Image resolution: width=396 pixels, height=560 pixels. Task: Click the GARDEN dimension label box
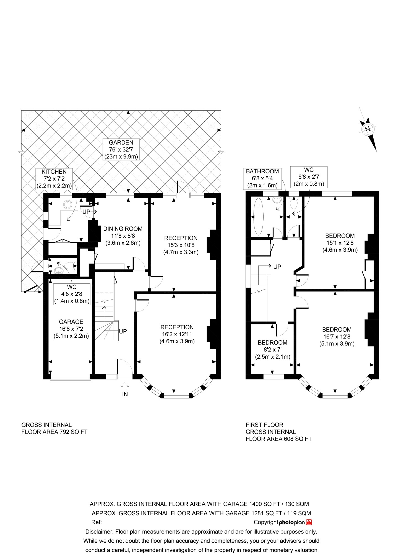point(121,149)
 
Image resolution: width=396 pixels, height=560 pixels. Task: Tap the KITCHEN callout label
point(54,179)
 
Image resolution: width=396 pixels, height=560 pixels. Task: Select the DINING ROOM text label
point(123,236)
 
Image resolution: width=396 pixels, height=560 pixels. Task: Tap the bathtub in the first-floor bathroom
point(258,216)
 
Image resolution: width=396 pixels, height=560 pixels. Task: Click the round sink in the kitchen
point(67,204)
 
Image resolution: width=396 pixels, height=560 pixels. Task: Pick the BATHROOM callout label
point(262,179)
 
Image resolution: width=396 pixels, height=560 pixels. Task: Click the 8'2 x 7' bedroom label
point(273,350)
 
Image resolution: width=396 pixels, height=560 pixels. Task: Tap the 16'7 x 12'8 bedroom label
point(337,337)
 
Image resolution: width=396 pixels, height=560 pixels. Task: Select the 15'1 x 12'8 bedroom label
point(340,243)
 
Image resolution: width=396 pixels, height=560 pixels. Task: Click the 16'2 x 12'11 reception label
point(177,334)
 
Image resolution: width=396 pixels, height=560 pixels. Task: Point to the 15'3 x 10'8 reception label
point(181,245)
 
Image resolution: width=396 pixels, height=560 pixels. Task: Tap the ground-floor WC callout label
point(72,294)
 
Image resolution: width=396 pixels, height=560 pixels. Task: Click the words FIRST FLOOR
point(264,425)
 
